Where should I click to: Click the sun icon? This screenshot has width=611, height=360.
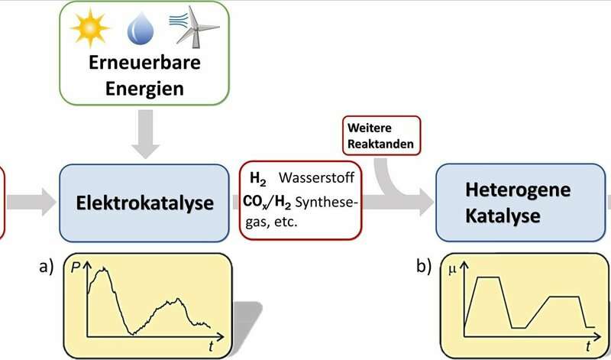pyautogui.click(x=89, y=29)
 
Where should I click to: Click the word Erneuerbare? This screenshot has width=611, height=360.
pyautogui.click(x=145, y=63)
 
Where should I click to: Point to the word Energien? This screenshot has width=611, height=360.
pyautogui.click(x=145, y=89)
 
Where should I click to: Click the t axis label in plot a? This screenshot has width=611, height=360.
pyautogui.click(x=211, y=345)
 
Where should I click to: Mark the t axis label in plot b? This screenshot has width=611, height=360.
pyautogui.click(x=589, y=345)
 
